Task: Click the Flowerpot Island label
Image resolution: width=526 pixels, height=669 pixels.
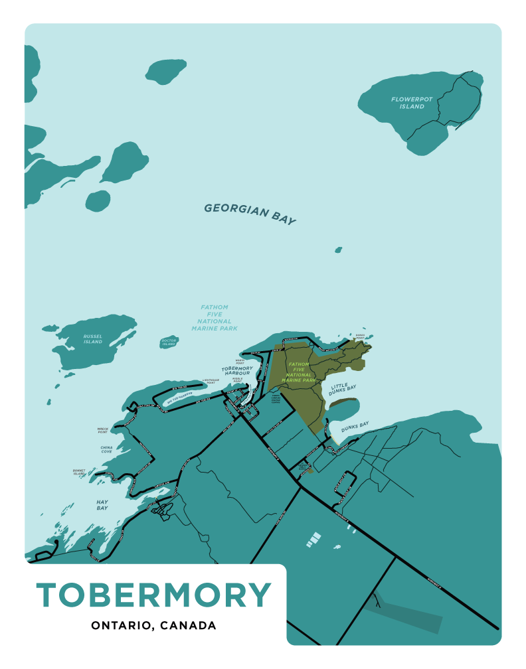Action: pos(412,103)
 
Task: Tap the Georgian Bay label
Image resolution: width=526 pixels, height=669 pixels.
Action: pos(250,214)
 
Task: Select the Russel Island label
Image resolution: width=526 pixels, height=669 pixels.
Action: pos(93,339)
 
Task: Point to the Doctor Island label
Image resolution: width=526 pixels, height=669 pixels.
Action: pos(169,342)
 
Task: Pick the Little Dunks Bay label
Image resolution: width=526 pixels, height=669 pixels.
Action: pos(343,390)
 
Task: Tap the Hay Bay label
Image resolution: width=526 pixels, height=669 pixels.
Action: pos(102,505)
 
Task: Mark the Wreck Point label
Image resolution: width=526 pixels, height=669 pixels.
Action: pos(102,430)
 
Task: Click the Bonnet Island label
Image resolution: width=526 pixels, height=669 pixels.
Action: pos(80,473)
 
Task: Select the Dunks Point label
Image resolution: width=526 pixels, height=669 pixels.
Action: pos(360,336)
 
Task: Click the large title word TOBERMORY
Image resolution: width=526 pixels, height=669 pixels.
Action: pos(153,594)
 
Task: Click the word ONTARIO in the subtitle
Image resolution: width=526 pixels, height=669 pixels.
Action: pos(120,626)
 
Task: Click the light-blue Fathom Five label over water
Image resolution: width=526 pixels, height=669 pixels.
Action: pos(215,318)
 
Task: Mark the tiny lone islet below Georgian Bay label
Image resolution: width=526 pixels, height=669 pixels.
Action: pos(338,250)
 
